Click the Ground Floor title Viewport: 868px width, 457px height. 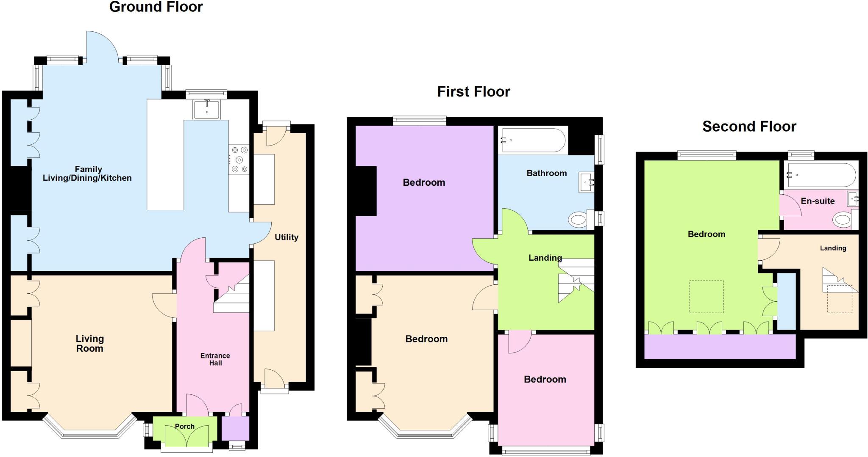coord(156,7)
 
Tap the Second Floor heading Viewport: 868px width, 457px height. coord(749,127)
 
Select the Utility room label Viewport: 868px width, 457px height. coord(286,237)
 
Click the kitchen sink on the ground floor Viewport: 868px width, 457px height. coord(206,110)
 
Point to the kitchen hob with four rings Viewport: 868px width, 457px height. coord(239,160)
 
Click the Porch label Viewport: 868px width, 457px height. coord(185,427)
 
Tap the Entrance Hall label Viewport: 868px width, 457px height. coord(215,359)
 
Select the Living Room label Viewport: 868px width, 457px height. coord(89,344)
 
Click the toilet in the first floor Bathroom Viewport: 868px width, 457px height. coord(578,220)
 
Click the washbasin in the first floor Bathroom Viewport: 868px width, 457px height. coord(587,183)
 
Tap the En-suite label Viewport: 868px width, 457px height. coord(818,201)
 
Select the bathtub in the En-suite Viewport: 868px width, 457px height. coord(820,175)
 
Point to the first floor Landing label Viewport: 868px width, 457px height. coord(545,258)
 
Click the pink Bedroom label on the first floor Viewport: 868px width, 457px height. coord(545,379)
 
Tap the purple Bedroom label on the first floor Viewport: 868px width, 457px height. coord(423,182)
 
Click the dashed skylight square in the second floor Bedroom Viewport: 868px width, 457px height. coord(706,297)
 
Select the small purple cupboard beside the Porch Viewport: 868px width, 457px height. coord(235,428)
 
